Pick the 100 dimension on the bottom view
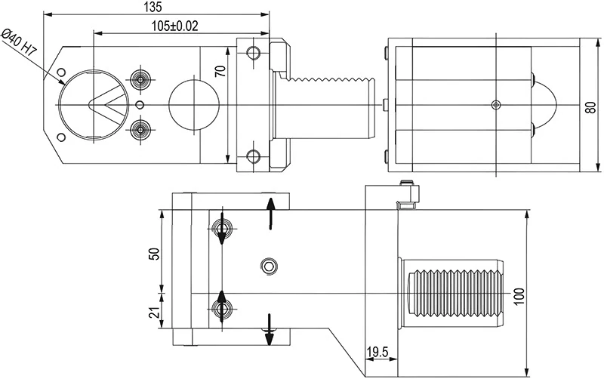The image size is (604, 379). [519, 294]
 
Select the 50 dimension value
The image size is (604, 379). [155, 254]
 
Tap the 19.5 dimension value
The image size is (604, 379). [378, 353]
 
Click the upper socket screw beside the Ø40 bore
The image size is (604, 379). [139, 79]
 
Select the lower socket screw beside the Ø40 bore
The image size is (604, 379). [139, 129]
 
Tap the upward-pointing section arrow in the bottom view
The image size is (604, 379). [271, 211]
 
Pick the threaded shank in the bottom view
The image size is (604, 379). [453, 291]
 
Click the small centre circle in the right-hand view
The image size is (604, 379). [495, 103]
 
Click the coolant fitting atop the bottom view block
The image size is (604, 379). [408, 194]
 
